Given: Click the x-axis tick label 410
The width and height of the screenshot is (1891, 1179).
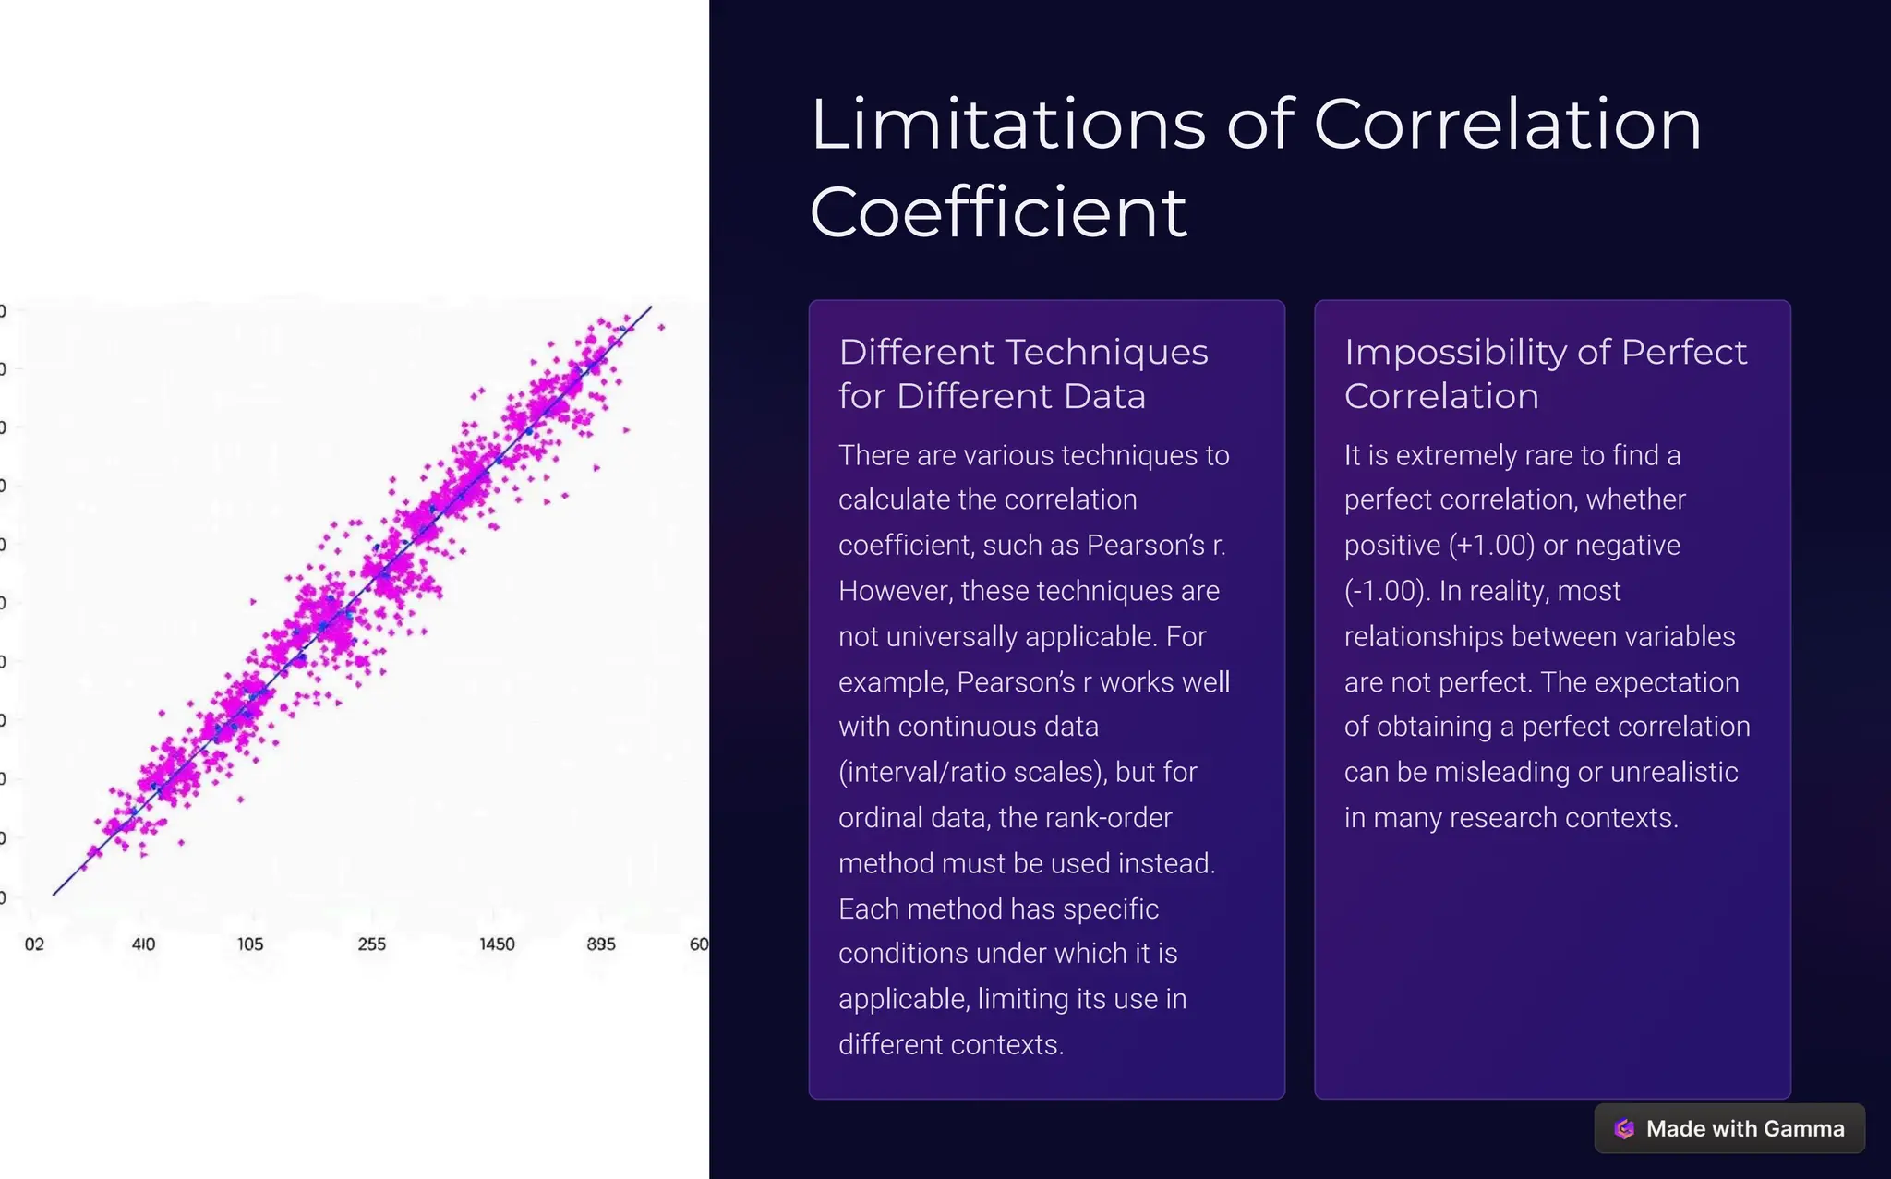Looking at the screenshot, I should (143, 944).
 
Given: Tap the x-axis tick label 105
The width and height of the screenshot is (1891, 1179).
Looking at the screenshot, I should (250, 944).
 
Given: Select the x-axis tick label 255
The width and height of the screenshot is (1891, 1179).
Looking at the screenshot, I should (371, 944).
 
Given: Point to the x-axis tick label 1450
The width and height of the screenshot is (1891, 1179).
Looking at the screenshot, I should (497, 944).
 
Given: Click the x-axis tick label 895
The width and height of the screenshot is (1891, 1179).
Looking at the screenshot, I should (601, 944).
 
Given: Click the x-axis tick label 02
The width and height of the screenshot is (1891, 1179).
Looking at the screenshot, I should (34, 944).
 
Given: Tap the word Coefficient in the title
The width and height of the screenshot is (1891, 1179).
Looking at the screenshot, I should (998, 212).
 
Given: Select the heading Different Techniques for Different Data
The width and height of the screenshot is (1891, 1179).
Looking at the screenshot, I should (1022, 374).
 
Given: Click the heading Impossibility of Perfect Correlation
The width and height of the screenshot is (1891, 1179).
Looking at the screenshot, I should (1545, 374).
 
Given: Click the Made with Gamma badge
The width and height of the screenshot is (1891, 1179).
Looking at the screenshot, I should (1729, 1128).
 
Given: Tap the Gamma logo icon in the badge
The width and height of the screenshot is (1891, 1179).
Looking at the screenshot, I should (1624, 1128).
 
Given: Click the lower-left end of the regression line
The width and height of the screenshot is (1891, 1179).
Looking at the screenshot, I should (54, 894).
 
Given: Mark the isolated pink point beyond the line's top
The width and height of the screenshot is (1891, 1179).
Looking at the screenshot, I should (661, 327).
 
